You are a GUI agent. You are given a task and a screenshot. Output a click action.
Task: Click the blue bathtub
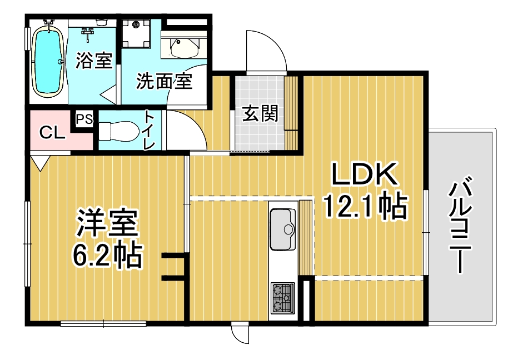[48, 62]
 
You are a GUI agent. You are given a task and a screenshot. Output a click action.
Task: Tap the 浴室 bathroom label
[94, 61]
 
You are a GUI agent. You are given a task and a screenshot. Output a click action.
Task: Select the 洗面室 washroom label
[164, 81]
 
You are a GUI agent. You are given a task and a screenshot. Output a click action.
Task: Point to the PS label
[84, 119]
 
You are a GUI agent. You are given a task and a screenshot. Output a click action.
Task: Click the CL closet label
[52, 133]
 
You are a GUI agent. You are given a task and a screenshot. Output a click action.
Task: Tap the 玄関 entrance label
[260, 113]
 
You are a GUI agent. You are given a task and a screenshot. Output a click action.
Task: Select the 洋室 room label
[107, 223]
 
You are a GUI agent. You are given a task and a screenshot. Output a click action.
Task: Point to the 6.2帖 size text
[107, 255]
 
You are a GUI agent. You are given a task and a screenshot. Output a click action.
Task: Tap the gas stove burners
[283, 298]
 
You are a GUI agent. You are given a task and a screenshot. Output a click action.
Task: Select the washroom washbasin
[185, 48]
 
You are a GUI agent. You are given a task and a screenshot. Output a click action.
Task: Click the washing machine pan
[136, 33]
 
